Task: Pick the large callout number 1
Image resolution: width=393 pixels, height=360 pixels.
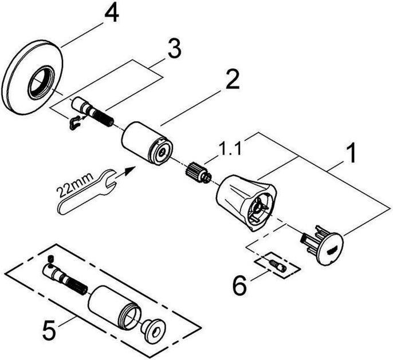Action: pos(349,153)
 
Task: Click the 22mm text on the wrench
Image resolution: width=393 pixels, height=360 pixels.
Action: pos(73,188)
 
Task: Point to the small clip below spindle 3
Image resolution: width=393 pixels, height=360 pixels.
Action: pos(74,122)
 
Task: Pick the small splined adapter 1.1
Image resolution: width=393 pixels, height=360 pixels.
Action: pos(196,172)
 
